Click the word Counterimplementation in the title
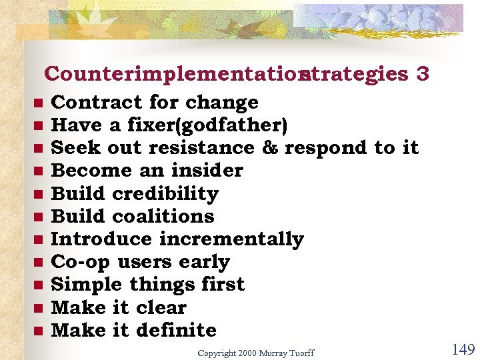pos(171,74)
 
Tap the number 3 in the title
pos(421,74)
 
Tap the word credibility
pos(165,193)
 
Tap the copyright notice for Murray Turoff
pos(255,353)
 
